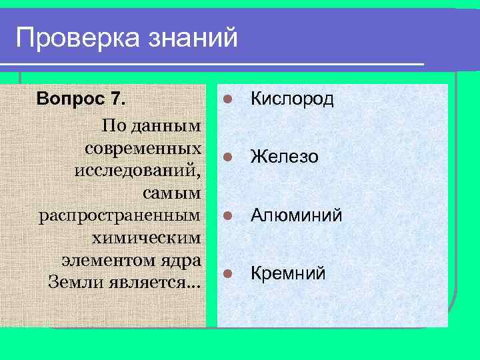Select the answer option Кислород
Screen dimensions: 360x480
(291, 99)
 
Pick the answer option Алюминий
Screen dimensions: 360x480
(296, 215)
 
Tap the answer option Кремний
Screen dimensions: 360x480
(287, 273)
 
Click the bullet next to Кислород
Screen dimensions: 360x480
(227, 99)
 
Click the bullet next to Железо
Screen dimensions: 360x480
(227, 157)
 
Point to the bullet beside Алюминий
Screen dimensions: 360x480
(227, 215)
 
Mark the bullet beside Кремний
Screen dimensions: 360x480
(227, 273)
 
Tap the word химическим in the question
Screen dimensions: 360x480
(147, 237)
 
